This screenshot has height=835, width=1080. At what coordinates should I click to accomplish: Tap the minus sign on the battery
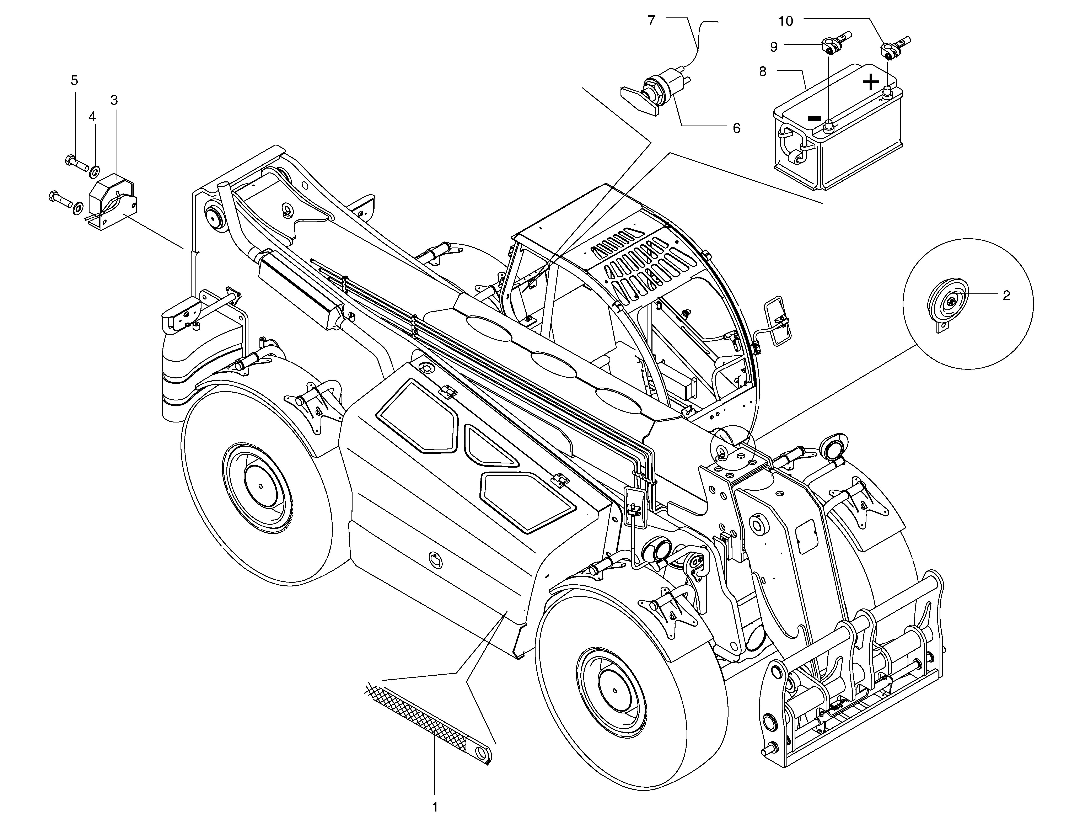click(x=815, y=119)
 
